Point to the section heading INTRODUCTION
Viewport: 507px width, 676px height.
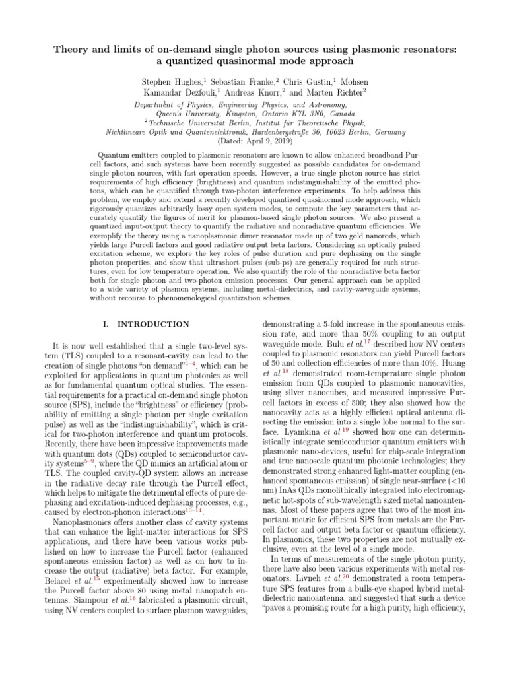(152, 324)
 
